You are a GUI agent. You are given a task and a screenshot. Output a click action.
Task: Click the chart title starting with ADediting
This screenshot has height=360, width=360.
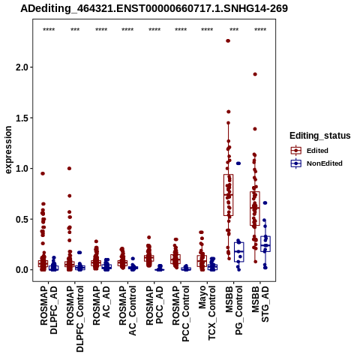pos(154,9)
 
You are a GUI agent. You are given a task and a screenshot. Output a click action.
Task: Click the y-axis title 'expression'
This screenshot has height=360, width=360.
pos(8,150)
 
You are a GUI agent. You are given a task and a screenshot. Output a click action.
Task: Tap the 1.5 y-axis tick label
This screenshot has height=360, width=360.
pos(22,118)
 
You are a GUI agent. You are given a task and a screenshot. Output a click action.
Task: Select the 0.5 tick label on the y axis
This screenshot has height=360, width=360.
pos(22,219)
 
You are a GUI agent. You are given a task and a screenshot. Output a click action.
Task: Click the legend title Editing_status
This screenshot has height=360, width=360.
pos(320,136)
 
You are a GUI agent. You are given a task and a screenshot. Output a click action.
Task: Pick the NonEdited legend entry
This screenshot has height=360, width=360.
pos(316,163)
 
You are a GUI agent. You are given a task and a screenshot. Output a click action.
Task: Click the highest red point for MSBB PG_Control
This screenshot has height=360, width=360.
pos(228,40)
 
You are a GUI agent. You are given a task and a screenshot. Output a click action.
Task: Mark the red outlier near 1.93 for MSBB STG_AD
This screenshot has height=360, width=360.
pos(255,74)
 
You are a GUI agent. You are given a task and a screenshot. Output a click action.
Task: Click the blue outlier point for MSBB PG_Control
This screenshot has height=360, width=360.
pos(238,163)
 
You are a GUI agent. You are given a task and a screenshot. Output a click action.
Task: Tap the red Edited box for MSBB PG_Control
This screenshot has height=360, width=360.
pos(228,195)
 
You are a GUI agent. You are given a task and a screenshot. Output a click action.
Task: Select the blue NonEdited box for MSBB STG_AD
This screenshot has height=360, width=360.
pos(265,244)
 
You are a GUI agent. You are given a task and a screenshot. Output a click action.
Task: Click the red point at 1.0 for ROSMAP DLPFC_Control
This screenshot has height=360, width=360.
pos(69,169)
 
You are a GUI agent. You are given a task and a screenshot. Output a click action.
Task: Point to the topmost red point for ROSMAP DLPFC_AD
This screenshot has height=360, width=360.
pos(43,173)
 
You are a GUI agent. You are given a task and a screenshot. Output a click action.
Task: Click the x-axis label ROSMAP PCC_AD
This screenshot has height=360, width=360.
pos(154,306)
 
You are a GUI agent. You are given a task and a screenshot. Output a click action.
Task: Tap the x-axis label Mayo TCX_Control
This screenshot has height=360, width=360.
pos(207,313)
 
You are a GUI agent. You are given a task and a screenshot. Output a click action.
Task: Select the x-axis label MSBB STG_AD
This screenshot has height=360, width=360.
pos(260,304)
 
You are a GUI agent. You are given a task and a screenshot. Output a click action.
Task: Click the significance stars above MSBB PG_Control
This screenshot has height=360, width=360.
pos(234,30)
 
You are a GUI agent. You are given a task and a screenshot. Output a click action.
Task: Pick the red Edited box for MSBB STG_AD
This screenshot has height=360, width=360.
pos(255,208)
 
